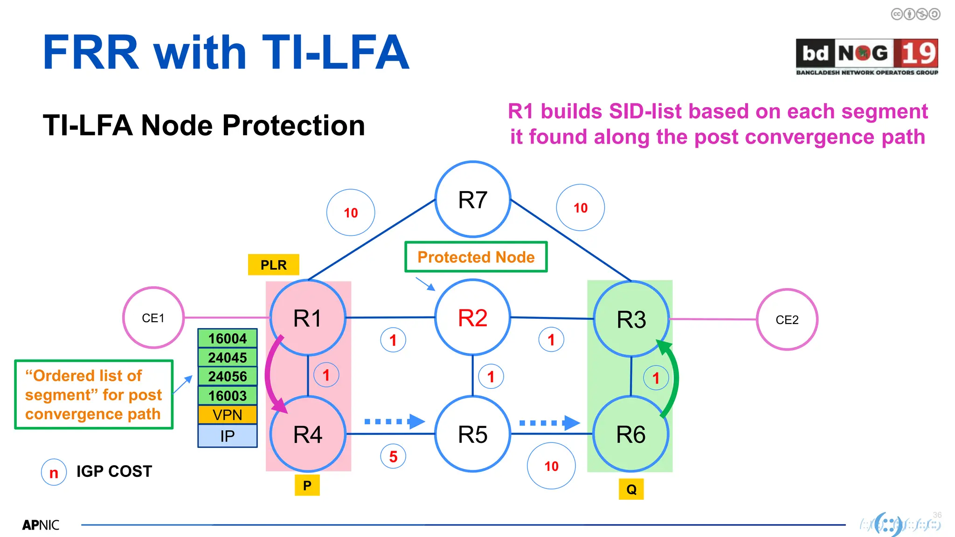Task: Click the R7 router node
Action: click(x=472, y=200)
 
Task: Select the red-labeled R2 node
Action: click(x=472, y=318)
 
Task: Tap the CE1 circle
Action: click(x=153, y=318)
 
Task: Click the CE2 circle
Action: click(x=787, y=320)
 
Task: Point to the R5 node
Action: click(x=472, y=434)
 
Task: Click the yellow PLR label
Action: click(x=273, y=265)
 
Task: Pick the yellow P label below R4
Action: click(x=307, y=486)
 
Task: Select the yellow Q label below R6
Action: click(x=631, y=489)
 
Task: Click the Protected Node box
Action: click(x=476, y=257)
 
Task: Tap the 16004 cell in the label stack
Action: click(x=228, y=338)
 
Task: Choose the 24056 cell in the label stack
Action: click(x=228, y=377)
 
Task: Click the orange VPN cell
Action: click(x=228, y=415)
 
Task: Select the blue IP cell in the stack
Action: click(x=228, y=436)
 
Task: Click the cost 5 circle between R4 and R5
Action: click(x=393, y=456)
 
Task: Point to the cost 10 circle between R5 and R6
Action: click(x=551, y=466)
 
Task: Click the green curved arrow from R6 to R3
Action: click(x=674, y=378)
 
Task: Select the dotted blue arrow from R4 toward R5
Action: click(x=394, y=421)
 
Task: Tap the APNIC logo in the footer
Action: click(x=41, y=525)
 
